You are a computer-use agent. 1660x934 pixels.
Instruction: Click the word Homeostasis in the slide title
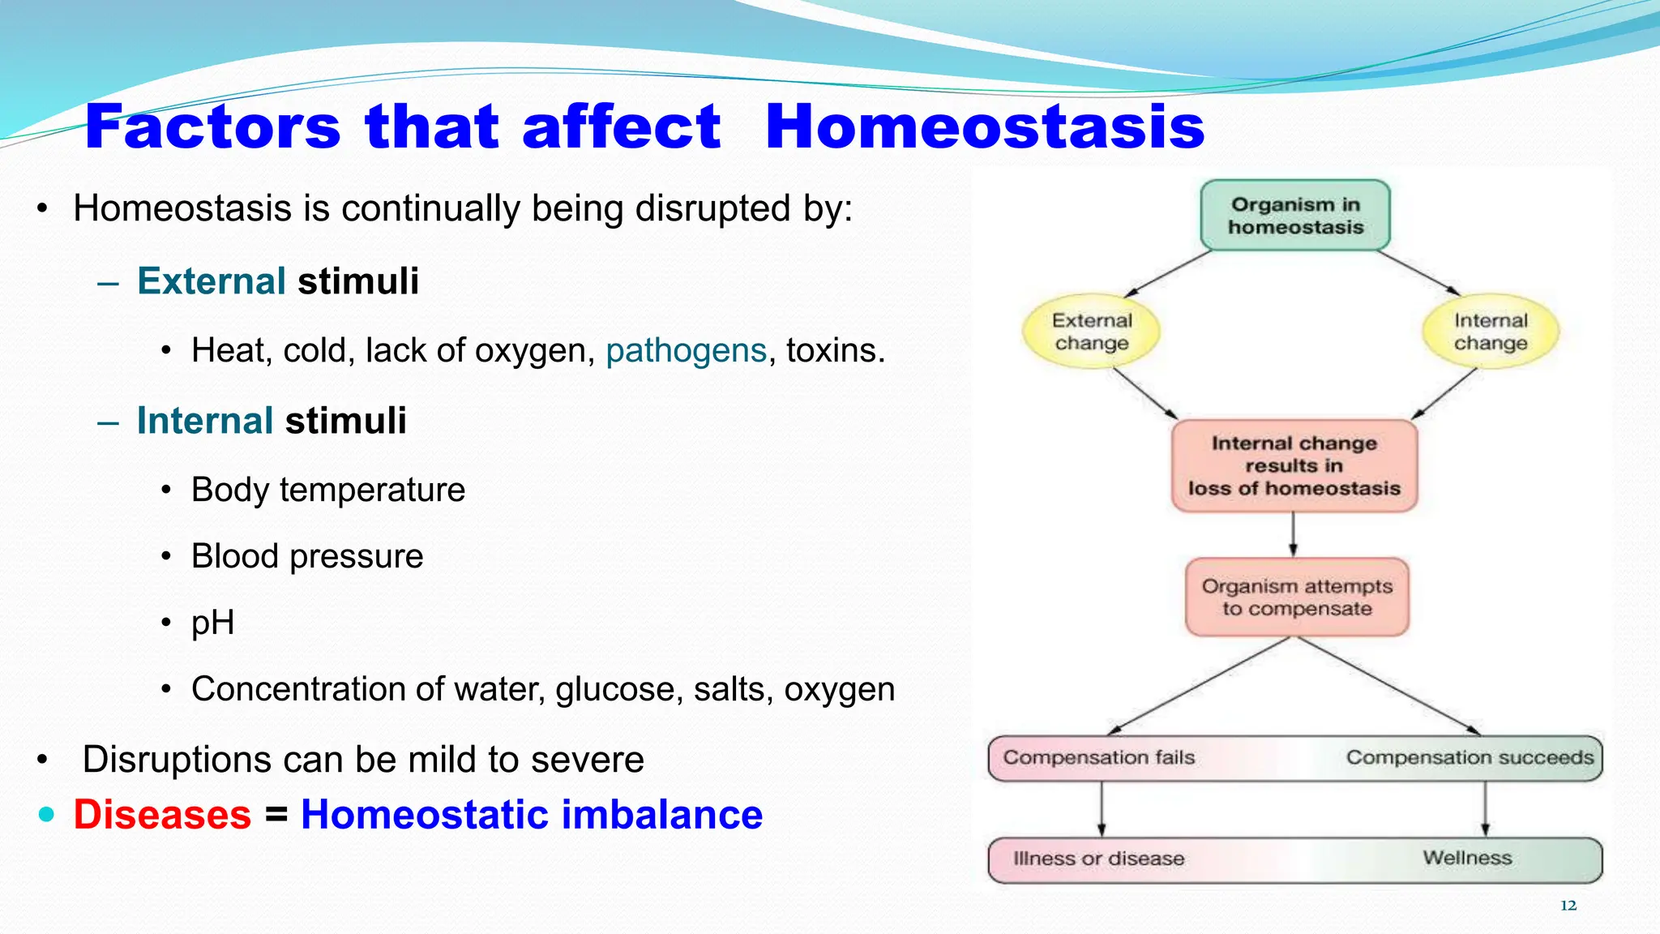984,127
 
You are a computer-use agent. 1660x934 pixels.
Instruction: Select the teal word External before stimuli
211,281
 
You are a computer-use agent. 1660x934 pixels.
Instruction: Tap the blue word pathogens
686,350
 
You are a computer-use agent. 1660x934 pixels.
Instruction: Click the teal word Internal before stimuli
204,421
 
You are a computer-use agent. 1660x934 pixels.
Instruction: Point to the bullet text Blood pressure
306,556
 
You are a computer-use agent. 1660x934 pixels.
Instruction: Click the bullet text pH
212,623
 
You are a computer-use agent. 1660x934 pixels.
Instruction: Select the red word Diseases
162,814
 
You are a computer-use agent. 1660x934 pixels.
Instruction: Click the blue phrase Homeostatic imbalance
531,814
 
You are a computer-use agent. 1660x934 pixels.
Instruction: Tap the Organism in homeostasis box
1294,216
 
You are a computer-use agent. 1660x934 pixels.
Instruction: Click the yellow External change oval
1091,332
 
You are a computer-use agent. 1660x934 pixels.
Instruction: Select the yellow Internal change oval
1490,332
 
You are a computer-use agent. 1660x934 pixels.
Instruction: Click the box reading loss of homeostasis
1294,466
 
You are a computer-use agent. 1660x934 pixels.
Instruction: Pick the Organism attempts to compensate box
1296,598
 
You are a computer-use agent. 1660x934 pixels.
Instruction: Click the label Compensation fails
1098,757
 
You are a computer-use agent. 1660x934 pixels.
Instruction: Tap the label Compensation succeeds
1469,757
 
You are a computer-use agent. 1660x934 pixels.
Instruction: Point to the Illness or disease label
1098,859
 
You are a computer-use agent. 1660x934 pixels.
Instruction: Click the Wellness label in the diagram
1466,858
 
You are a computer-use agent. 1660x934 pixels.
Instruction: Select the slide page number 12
1568,906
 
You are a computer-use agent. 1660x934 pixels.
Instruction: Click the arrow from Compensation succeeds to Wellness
1485,809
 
